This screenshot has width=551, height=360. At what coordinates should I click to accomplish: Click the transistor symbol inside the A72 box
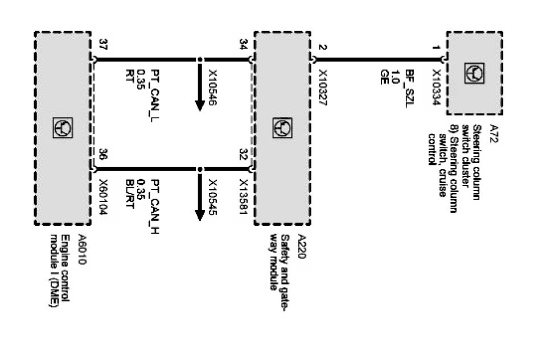coord(474,73)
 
